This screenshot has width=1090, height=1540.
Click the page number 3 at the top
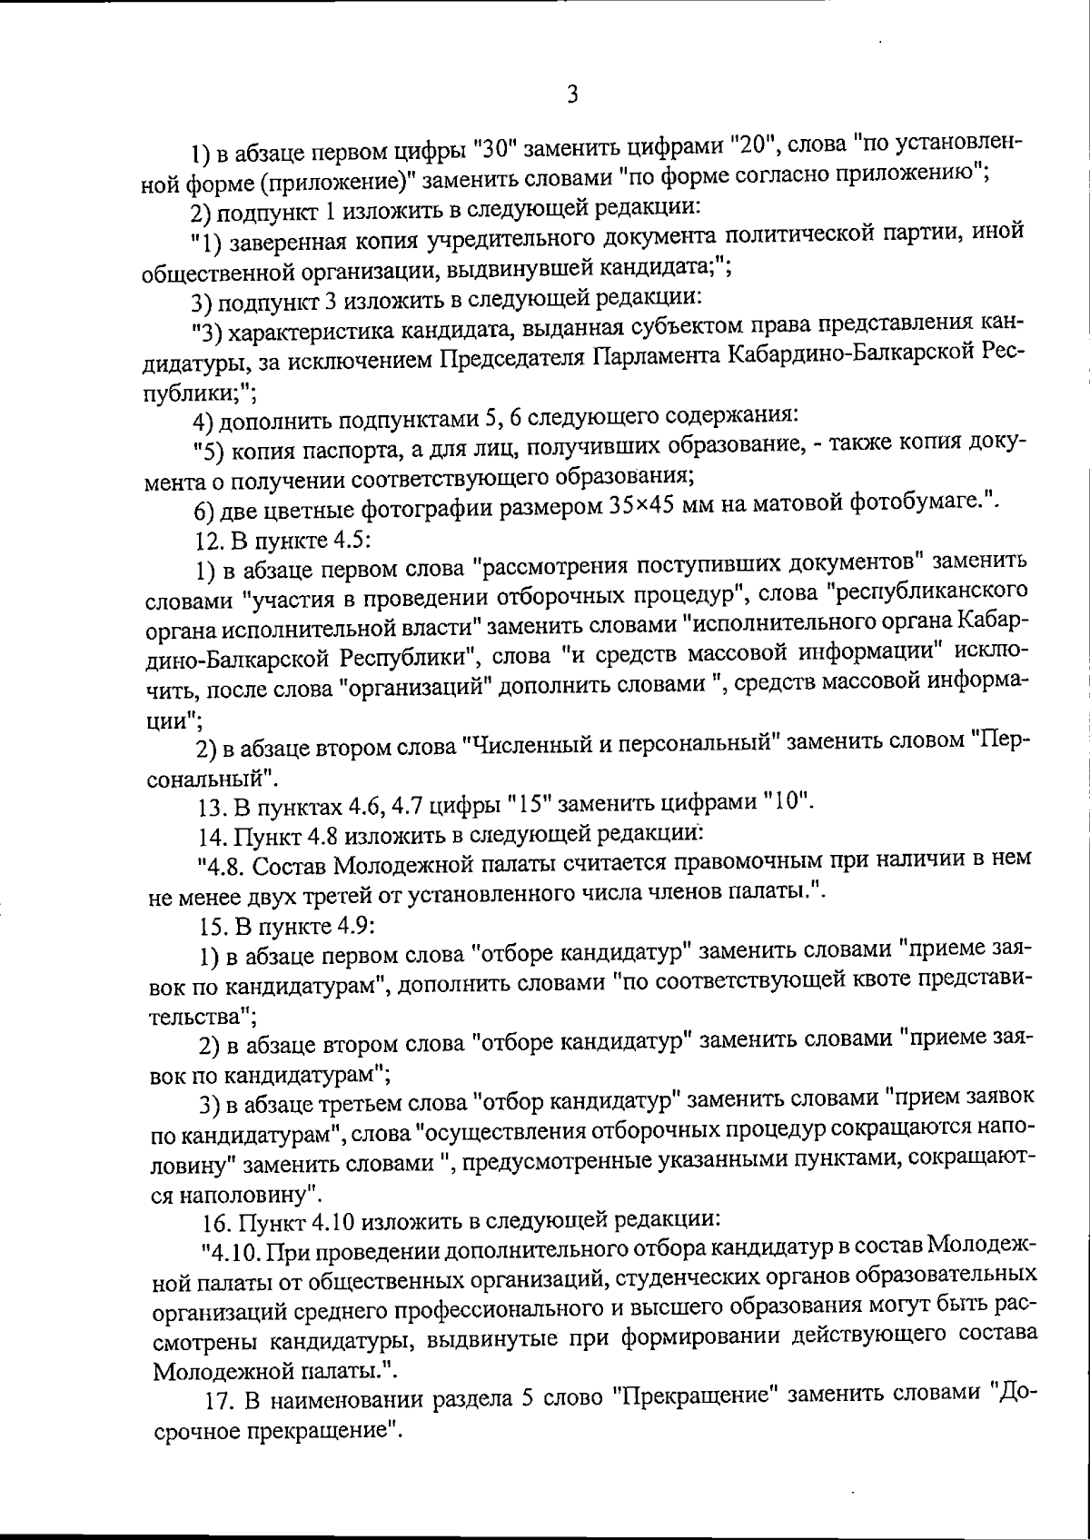(x=571, y=94)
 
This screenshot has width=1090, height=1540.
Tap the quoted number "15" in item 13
(x=525, y=805)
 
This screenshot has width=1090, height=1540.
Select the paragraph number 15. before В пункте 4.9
(x=213, y=926)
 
